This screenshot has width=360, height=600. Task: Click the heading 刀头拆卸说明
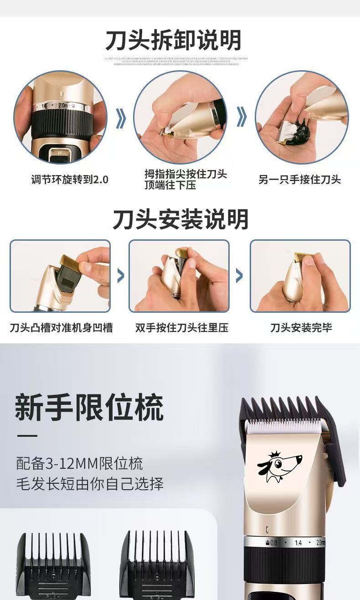(x=173, y=41)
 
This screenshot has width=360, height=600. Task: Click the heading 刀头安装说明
(x=180, y=220)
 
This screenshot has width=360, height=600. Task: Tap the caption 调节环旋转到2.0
(x=70, y=180)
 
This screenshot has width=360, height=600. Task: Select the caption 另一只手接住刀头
(x=299, y=180)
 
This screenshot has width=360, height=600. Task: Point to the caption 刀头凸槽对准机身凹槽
(x=62, y=327)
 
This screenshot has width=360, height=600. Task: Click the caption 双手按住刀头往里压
(x=181, y=327)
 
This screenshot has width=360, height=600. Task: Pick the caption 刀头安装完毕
(x=301, y=327)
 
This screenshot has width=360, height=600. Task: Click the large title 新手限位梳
(x=89, y=407)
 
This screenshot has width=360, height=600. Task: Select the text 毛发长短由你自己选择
(x=90, y=483)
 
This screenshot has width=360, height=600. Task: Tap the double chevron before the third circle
(x=242, y=118)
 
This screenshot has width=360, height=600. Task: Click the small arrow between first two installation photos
(x=120, y=275)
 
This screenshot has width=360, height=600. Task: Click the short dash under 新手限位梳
(x=27, y=436)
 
